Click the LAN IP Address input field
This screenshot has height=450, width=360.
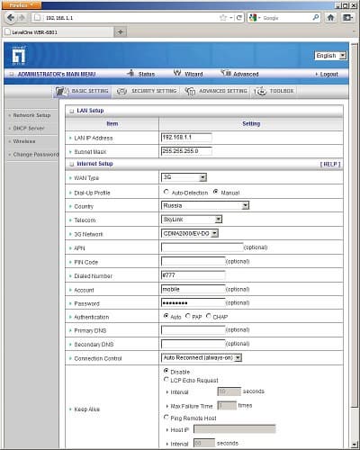[x=186, y=137]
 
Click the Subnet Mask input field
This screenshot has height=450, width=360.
[x=186, y=150]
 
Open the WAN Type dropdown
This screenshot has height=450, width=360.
[x=184, y=177]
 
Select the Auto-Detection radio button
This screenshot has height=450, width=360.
[x=166, y=192]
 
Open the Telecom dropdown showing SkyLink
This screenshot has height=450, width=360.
[x=192, y=219]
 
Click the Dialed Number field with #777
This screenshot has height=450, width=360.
[x=193, y=274]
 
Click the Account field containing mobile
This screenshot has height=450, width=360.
[x=193, y=289]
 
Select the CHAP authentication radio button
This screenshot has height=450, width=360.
[x=208, y=316]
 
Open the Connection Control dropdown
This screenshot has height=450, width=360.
[x=202, y=357]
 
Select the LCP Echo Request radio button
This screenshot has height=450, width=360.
[x=166, y=381]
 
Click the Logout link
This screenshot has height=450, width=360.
[x=328, y=74]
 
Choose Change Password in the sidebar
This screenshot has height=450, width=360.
[x=33, y=154]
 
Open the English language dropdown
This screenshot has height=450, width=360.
[x=327, y=56]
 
